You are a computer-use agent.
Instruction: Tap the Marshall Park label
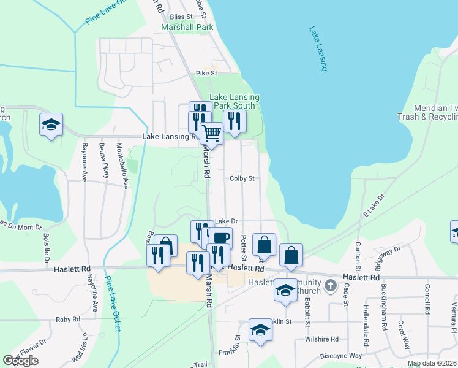(x=187, y=28)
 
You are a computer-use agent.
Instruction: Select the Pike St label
(x=207, y=73)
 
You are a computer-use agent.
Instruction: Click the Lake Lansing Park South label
(x=235, y=102)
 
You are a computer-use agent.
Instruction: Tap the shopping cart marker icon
(x=211, y=132)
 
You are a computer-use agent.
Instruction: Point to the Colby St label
(x=242, y=179)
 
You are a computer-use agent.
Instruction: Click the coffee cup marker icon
(x=222, y=237)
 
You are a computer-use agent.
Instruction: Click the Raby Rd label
(x=68, y=320)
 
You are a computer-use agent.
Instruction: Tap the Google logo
(x=20, y=361)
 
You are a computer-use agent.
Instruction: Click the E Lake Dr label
(x=373, y=205)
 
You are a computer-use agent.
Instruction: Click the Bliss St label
(x=181, y=17)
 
